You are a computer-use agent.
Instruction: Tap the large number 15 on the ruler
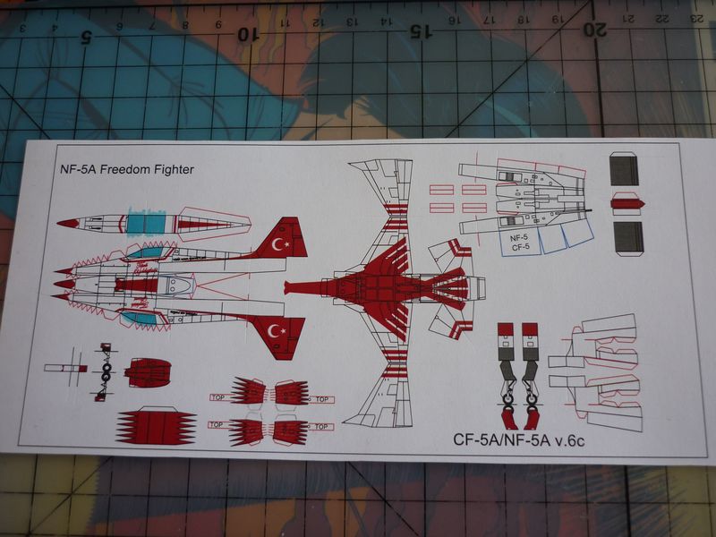tap(416, 30)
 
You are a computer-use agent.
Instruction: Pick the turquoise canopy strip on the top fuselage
tap(143, 220)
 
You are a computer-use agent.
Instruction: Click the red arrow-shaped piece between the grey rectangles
tap(626, 203)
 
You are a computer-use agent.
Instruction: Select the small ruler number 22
tap(663, 18)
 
